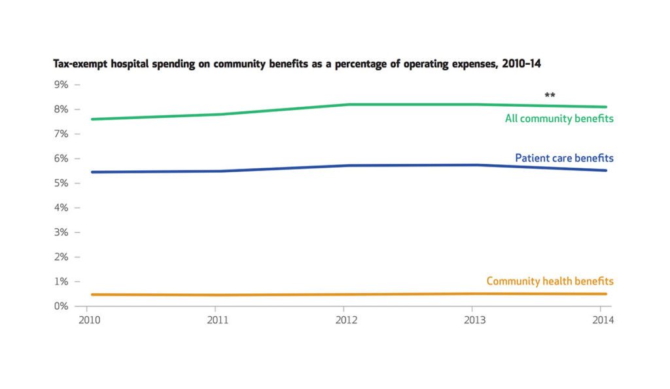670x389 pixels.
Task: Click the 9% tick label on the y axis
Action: click(61, 84)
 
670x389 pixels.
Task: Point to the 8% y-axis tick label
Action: click(61, 109)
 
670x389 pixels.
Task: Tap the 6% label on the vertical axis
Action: click(61, 158)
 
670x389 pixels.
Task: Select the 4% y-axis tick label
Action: click(61, 208)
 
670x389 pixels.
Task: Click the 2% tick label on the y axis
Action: click(61, 257)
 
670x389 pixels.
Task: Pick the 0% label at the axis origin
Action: click(61, 306)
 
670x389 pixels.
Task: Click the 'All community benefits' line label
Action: click(559, 119)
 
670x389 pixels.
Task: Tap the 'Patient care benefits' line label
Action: click(564, 158)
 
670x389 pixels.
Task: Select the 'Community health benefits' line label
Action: click(550, 281)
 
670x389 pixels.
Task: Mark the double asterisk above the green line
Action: click(550, 96)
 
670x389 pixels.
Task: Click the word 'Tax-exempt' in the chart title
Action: click(79, 65)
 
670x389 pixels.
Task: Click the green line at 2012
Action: click(345, 104)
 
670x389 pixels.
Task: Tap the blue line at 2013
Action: click(473, 165)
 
